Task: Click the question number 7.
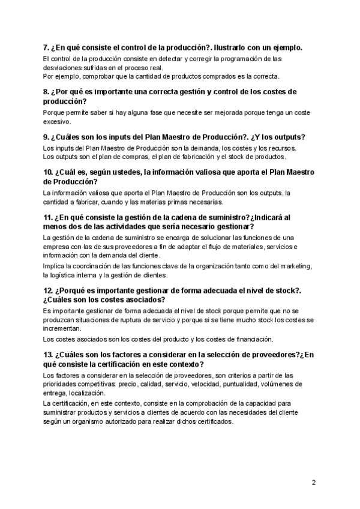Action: click(x=46, y=47)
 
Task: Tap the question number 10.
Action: click(x=49, y=173)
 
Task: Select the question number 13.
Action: click(x=49, y=355)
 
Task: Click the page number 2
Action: click(x=314, y=483)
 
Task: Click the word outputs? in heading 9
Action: click(x=287, y=136)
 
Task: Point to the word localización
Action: click(x=86, y=393)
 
